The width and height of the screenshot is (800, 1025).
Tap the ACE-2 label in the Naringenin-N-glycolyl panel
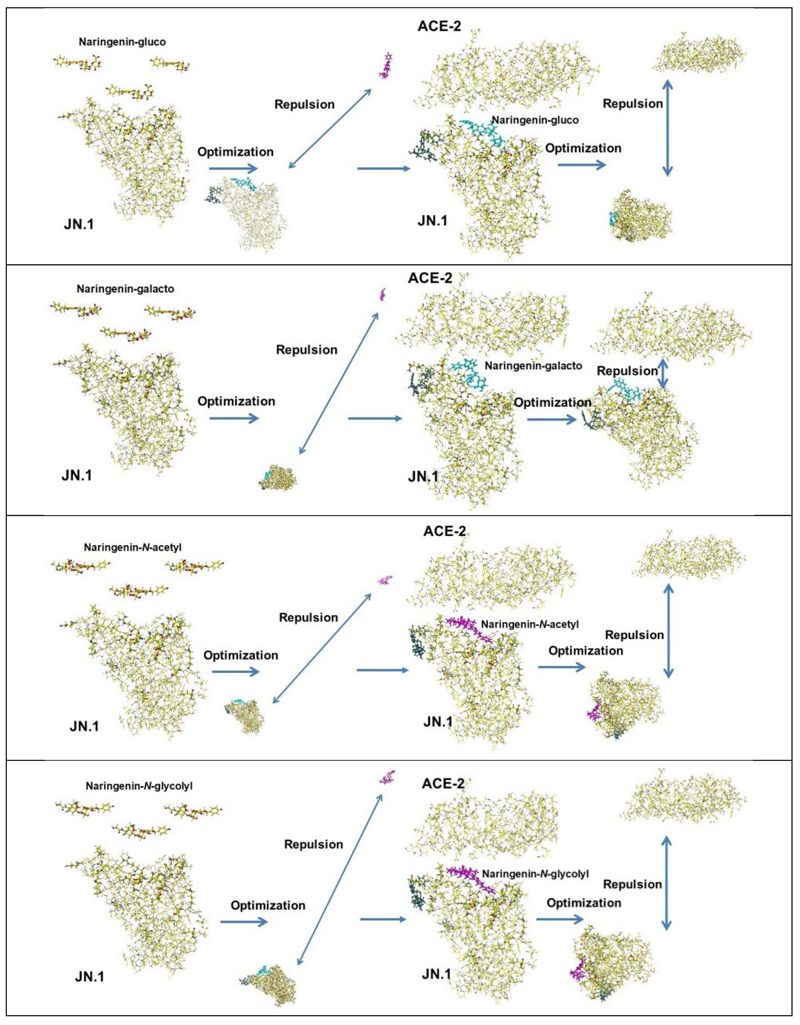pyautogui.click(x=443, y=783)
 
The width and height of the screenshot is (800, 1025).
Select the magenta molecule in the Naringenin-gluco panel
pyautogui.click(x=386, y=66)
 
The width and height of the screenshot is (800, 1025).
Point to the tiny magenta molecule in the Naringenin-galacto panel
pyautogui.click(x=382, y=295)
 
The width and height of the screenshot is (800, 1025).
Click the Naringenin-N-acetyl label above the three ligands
pyautogui.click(x=133, y=547)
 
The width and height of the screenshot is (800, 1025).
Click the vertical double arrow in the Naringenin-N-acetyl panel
pyautogui.click(x=668, y=629)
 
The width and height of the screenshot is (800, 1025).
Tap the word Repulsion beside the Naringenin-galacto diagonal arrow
pyautogui.click(x=307, y=350)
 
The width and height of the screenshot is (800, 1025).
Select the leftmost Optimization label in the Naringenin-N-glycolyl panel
pyautogui.click(x=268, y=905)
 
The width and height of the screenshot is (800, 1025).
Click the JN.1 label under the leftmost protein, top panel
pyautogui.click(x=79, y=224)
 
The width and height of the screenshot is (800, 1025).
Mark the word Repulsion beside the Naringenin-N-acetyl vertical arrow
pyautogui.click(x=634, y=635)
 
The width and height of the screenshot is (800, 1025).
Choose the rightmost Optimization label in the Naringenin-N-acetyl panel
pyautogui.click(x=586, y=651)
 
